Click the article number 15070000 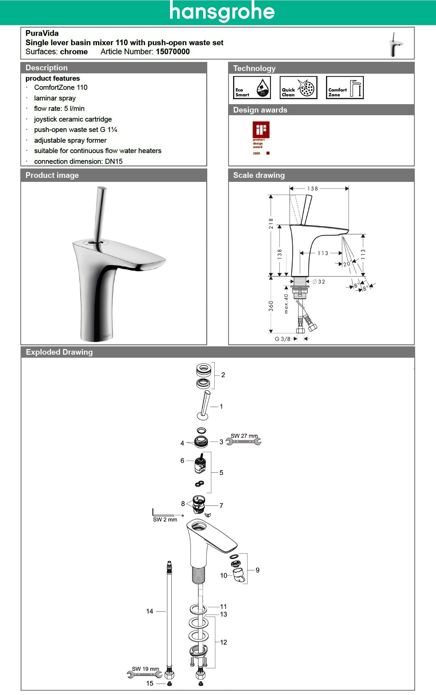pyautogui.click(x=173, y=52)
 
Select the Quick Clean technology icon pyautogui.click(x=298, y=87)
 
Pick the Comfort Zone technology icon pyautogui.click(x=345, y=87)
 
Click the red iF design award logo pyautogui.click(x=261, y=130)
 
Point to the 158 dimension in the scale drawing pyautogui.click(x=313, y=189)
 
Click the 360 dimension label pyautogui.click(x=271, y=306)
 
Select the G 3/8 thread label pyautogui.click(x=282, y=339)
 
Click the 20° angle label pyautogui.click(x=347, y=264)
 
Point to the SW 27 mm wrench pyautogui.click(x=243, y=441)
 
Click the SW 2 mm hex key pyautogui.click(x=163, y=513)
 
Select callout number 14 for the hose pyautogui.click(x=150, y=611)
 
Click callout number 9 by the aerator pyautogui.click(x=257, y=570)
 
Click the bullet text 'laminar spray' pyautogui.click(x=55, y=98)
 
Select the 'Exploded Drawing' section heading pyautogui.click(x=59, y=352)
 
